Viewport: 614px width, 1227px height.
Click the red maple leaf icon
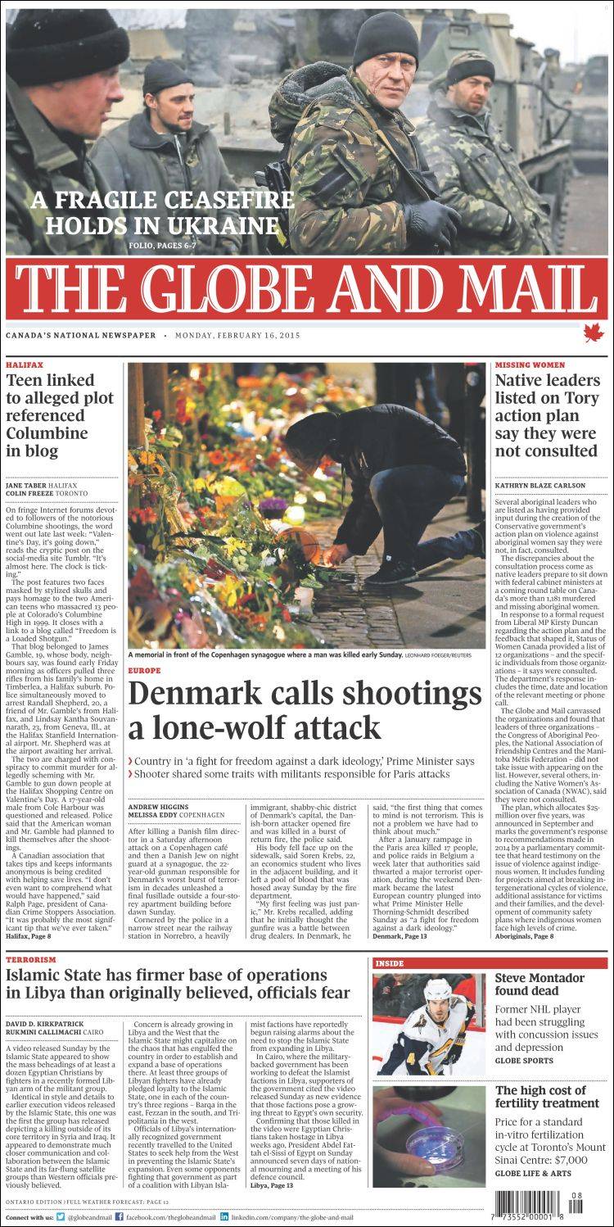click(x=591, y=332)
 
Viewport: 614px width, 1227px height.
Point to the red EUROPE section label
click(x=144, y=670)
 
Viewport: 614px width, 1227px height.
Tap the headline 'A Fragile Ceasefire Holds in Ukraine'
click(x=162, y=211)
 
